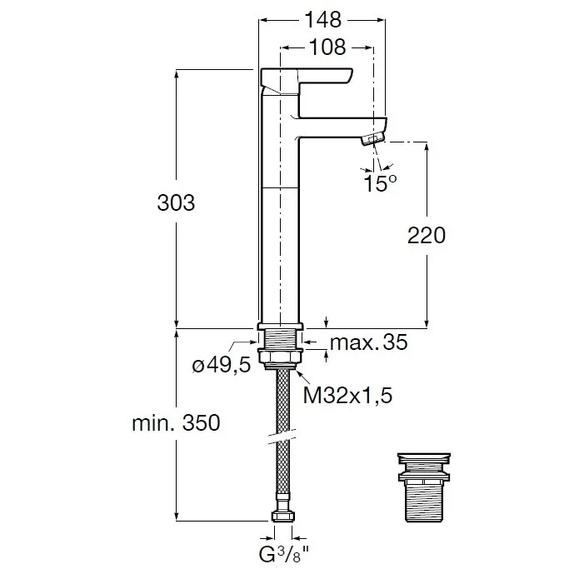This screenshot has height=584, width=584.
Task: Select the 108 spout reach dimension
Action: pos(327,48)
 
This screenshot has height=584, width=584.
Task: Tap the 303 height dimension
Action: pos(176,202)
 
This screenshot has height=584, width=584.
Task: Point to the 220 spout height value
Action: pos(427,236)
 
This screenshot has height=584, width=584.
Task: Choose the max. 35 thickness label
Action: pos(369,343)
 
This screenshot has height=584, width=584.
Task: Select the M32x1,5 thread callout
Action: pos(347,395)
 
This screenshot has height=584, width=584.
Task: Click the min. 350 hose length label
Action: pos(176,423)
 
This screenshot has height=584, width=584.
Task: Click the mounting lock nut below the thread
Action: pos(280,358)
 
